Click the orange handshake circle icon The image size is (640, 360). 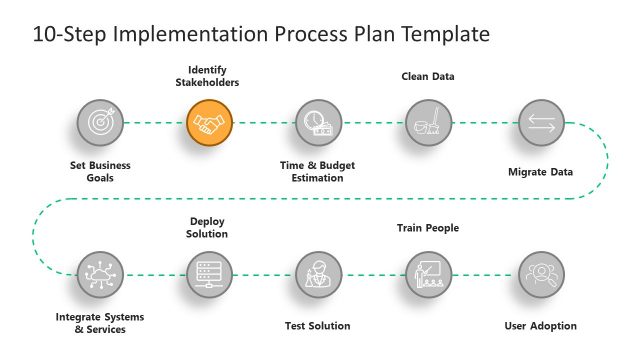[x=210, y=124]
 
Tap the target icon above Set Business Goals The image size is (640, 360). [x=100, y=124]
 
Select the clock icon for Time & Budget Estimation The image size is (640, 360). [x=319, y=124]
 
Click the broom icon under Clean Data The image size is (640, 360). [x=429, y=124]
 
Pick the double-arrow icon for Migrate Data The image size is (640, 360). [x=541, y=124]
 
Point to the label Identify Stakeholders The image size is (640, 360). [x=214, y=76]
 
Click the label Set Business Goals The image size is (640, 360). [x=100, y=171]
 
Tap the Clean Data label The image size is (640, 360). [x=428, y=75]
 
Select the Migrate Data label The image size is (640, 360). [x=541, y=172]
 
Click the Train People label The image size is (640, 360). [x=428, y=228]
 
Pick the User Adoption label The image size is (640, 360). [x=541, y=326]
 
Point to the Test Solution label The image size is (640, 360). [x=318, y=326]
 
